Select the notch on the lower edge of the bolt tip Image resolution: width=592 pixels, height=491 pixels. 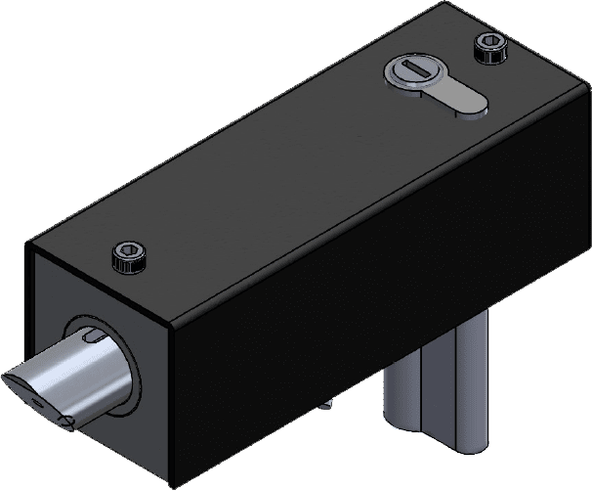tap(68, 422)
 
